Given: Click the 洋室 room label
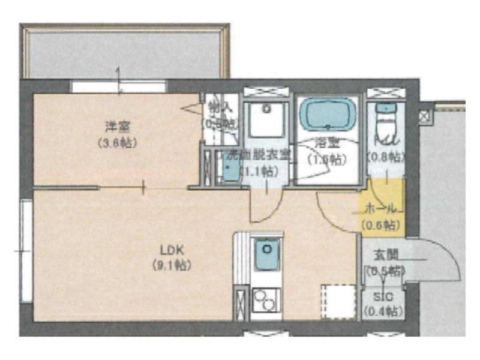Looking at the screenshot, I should click(118, 127).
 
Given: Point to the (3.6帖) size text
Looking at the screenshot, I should click(118, 143).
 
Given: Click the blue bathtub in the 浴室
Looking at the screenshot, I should click(328, 114).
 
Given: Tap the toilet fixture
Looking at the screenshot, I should click(384, 123).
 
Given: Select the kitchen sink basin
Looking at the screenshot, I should click(264, 255).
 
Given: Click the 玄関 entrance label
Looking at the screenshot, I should click(382, 256).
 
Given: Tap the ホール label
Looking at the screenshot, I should click(381, 209).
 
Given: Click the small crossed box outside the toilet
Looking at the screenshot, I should click(425, 115).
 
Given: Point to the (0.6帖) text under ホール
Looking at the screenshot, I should click(381, 225).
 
